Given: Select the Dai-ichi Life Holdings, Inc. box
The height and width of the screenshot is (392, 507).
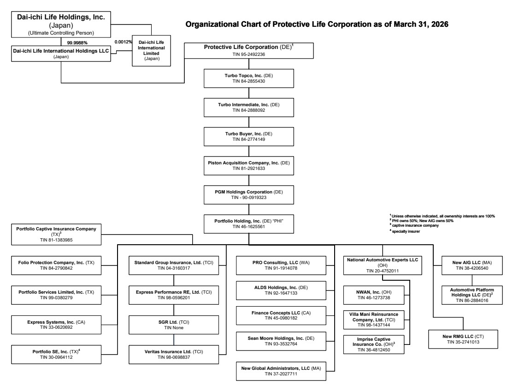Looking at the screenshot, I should [x=61, y=24].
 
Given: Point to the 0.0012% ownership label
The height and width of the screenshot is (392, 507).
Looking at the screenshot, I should [x=123, y=42].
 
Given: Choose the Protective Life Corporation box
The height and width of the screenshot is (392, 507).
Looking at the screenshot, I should [x=249, y=50].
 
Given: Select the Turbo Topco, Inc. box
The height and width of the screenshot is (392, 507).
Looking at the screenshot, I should [x=249, y=78].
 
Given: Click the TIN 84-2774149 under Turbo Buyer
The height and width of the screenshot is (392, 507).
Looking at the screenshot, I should [x=249, y=139].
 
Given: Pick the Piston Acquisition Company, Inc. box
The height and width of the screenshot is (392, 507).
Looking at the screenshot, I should [x=249, y=166].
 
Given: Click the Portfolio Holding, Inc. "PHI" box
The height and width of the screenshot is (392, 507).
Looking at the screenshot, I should [x=249, y=224].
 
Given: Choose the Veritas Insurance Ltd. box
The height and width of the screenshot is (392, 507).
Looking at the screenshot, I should [x=174, y=354].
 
